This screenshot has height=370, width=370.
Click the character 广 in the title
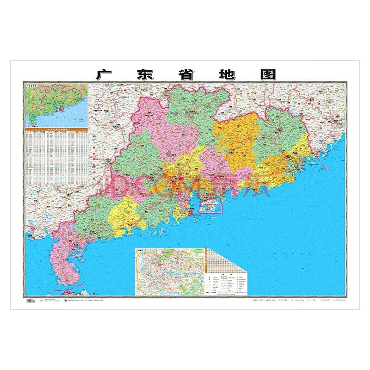point(103,74)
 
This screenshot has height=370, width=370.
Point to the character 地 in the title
point(227,74)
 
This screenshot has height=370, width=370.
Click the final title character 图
point(268,74)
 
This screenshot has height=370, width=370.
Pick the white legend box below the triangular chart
point(229,284)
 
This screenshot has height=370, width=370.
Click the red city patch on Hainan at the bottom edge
point(69,292)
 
